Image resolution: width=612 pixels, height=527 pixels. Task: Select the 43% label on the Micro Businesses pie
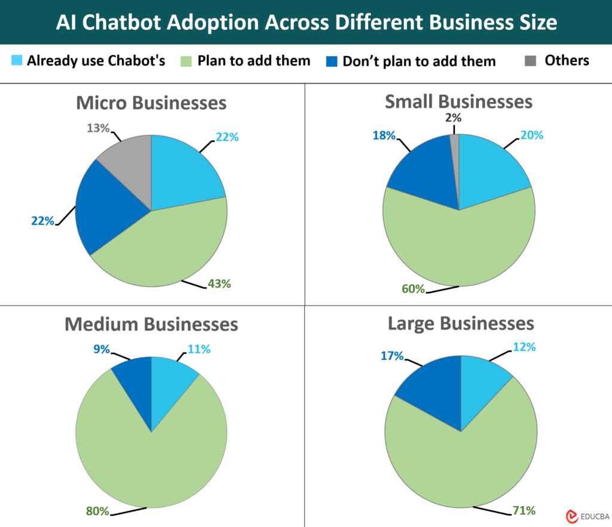pyautogui.click(x=218, y=283)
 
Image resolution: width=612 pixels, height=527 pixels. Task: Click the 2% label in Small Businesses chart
pyautogui.click(x=454, y=118)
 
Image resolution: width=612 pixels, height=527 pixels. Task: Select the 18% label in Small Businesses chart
pyautogui.click(x=383, y=135)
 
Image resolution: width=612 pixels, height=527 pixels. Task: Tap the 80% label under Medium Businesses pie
pyautogui.click(x=97, y=511)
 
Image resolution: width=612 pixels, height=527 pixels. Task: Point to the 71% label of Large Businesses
pyautogui.click(x=523, y=510)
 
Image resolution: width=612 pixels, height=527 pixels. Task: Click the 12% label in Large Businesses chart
pyautogui.click(x=524, y=347)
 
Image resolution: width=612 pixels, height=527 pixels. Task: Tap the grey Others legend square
pyautogui.click(x=530, y=60)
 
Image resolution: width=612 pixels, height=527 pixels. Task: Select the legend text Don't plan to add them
pyautogui.click(x=419, y=61)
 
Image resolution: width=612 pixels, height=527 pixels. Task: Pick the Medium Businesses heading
pyautogui.click(x=151, y=324)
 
